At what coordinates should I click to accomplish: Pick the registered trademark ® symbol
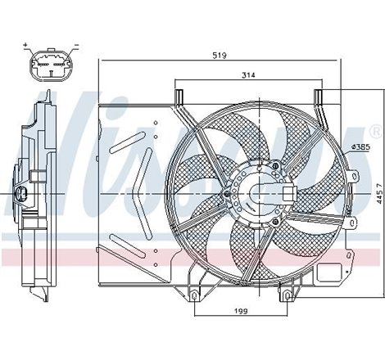(x=374, y=131)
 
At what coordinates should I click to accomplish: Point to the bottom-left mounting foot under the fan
(x=194, y=291)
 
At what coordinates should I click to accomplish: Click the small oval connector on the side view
(x=24, y=194)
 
